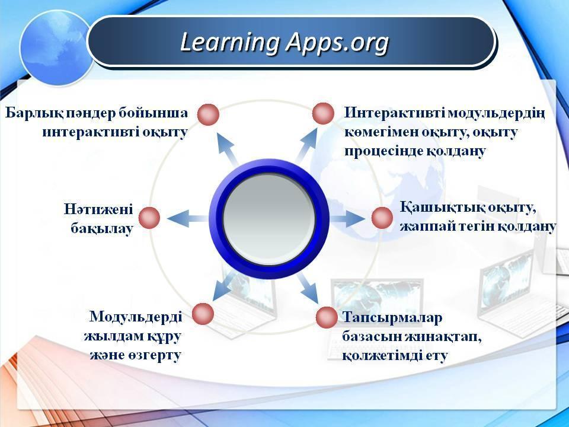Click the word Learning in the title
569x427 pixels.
coord(229,43)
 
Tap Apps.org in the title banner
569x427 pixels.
coord(337,43)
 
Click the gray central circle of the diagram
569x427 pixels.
coord(268,219)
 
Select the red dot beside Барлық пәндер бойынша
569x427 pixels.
coord(208,114)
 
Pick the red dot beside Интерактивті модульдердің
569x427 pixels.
coord(323,113)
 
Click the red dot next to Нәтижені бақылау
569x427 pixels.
coord(149,218)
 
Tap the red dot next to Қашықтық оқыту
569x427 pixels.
coord(382,218)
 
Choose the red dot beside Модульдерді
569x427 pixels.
coord(203,314)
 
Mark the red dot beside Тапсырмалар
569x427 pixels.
coord(327,317)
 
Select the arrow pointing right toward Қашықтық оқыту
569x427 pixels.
coord(347,219)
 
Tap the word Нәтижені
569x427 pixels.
coord(99,209)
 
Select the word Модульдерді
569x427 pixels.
coord(136,316)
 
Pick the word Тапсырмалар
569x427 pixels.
coord(392,318)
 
